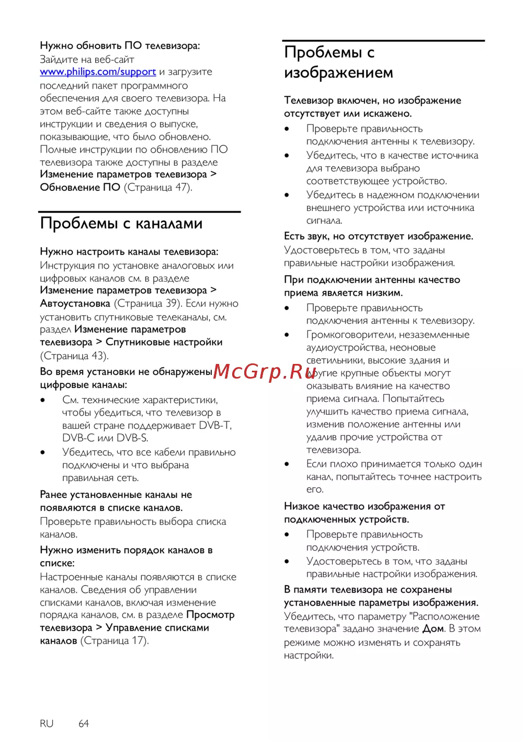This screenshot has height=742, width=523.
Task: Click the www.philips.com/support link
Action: (98, 72)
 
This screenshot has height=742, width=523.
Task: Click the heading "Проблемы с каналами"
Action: (121, 223)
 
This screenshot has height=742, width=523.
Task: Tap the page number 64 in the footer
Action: (84, 723)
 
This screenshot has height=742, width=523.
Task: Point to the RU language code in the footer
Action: (47, 723)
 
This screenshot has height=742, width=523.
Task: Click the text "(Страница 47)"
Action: (158, 187)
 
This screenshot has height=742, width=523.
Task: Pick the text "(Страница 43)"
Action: (74, 356)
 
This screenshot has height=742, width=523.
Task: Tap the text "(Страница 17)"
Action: (115, 641)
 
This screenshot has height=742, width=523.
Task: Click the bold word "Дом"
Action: (433, 629)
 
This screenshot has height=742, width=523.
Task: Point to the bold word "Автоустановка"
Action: (75, 303)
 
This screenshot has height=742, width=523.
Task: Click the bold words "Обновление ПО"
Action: (80, 187)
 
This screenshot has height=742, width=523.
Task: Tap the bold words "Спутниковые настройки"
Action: (164, 342)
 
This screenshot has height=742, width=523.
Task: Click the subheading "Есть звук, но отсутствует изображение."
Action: (378, 236)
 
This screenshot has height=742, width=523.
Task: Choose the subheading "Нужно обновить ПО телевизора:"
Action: (120, 45)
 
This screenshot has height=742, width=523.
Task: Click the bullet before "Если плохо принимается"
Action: (287, 464)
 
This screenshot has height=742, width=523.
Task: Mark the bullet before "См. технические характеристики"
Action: (43, 400)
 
